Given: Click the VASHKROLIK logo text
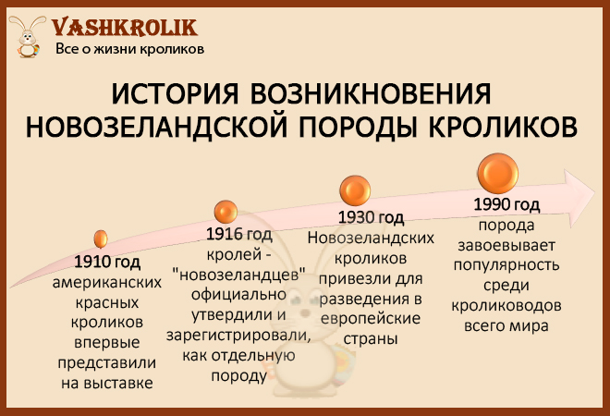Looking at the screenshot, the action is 125,28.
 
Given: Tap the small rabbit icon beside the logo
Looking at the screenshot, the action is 27,37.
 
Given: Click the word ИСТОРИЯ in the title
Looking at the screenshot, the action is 175,93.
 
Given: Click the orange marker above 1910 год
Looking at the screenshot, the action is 101,239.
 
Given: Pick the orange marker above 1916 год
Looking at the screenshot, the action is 226,212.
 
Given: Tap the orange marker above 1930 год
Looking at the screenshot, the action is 355,190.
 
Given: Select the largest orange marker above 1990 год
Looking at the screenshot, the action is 498,173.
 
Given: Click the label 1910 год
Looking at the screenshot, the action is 107,262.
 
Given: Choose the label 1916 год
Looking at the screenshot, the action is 238,234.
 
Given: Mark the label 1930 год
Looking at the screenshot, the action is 371,217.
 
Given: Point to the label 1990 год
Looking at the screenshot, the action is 506,204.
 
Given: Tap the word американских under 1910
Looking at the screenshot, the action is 107,283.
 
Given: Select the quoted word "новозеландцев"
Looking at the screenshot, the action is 238,275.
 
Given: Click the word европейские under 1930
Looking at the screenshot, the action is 371,319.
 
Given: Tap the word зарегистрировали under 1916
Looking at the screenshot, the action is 238,336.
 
